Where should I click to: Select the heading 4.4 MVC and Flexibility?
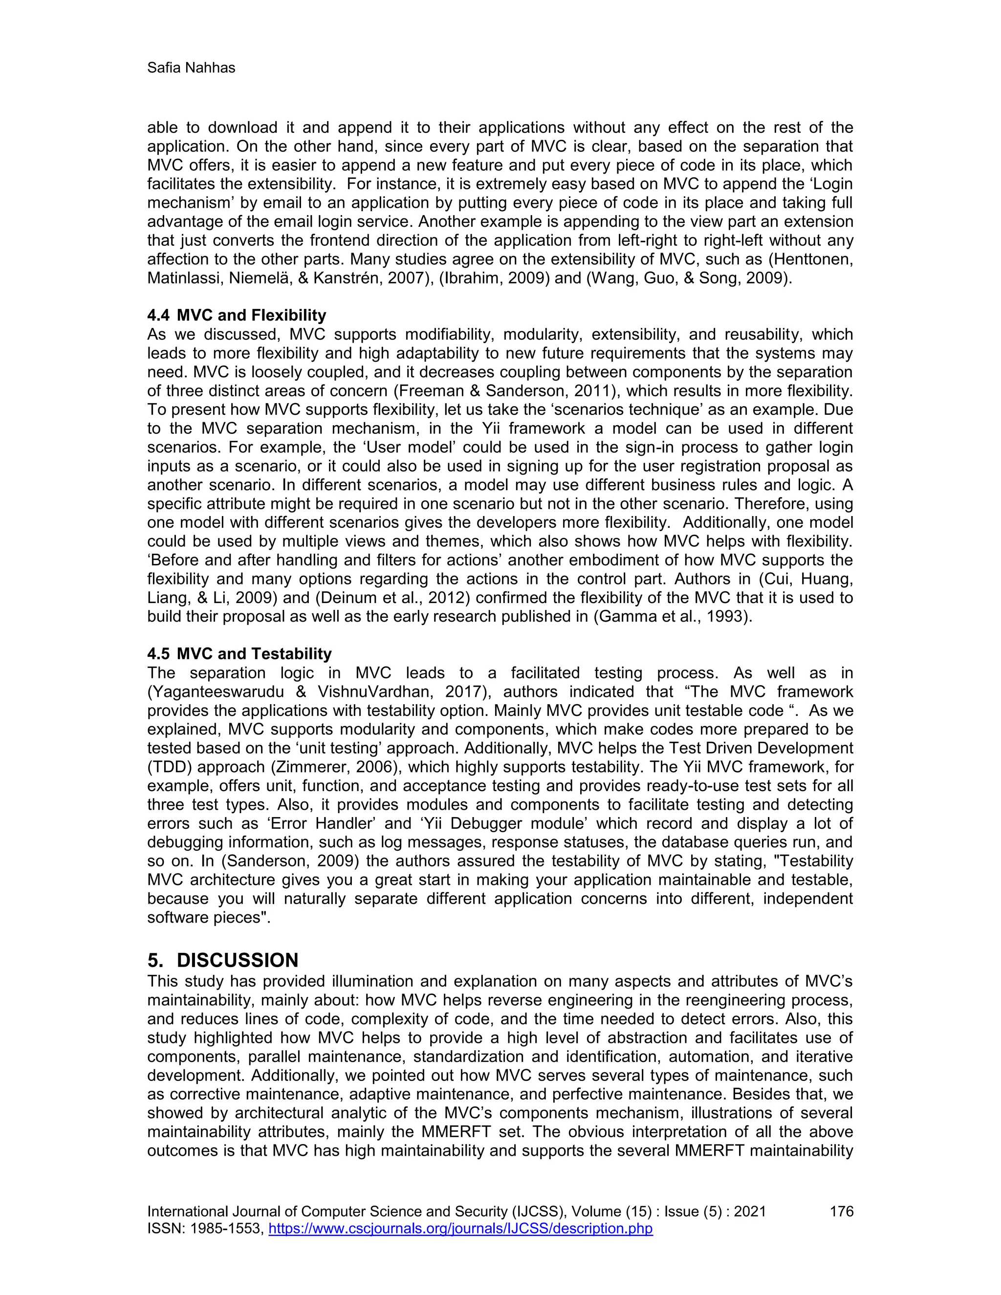pyautogui.click(x=237, y=315)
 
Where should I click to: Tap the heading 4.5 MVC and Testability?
pyautogui.click(x=239, y=654)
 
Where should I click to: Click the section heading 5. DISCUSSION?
pyautogui.click(x=222, y=960)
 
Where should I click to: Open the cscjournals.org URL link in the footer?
pyautogui.click(x=460, y=1228)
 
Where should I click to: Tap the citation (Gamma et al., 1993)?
pyautogui.click(x=673, y=617)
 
